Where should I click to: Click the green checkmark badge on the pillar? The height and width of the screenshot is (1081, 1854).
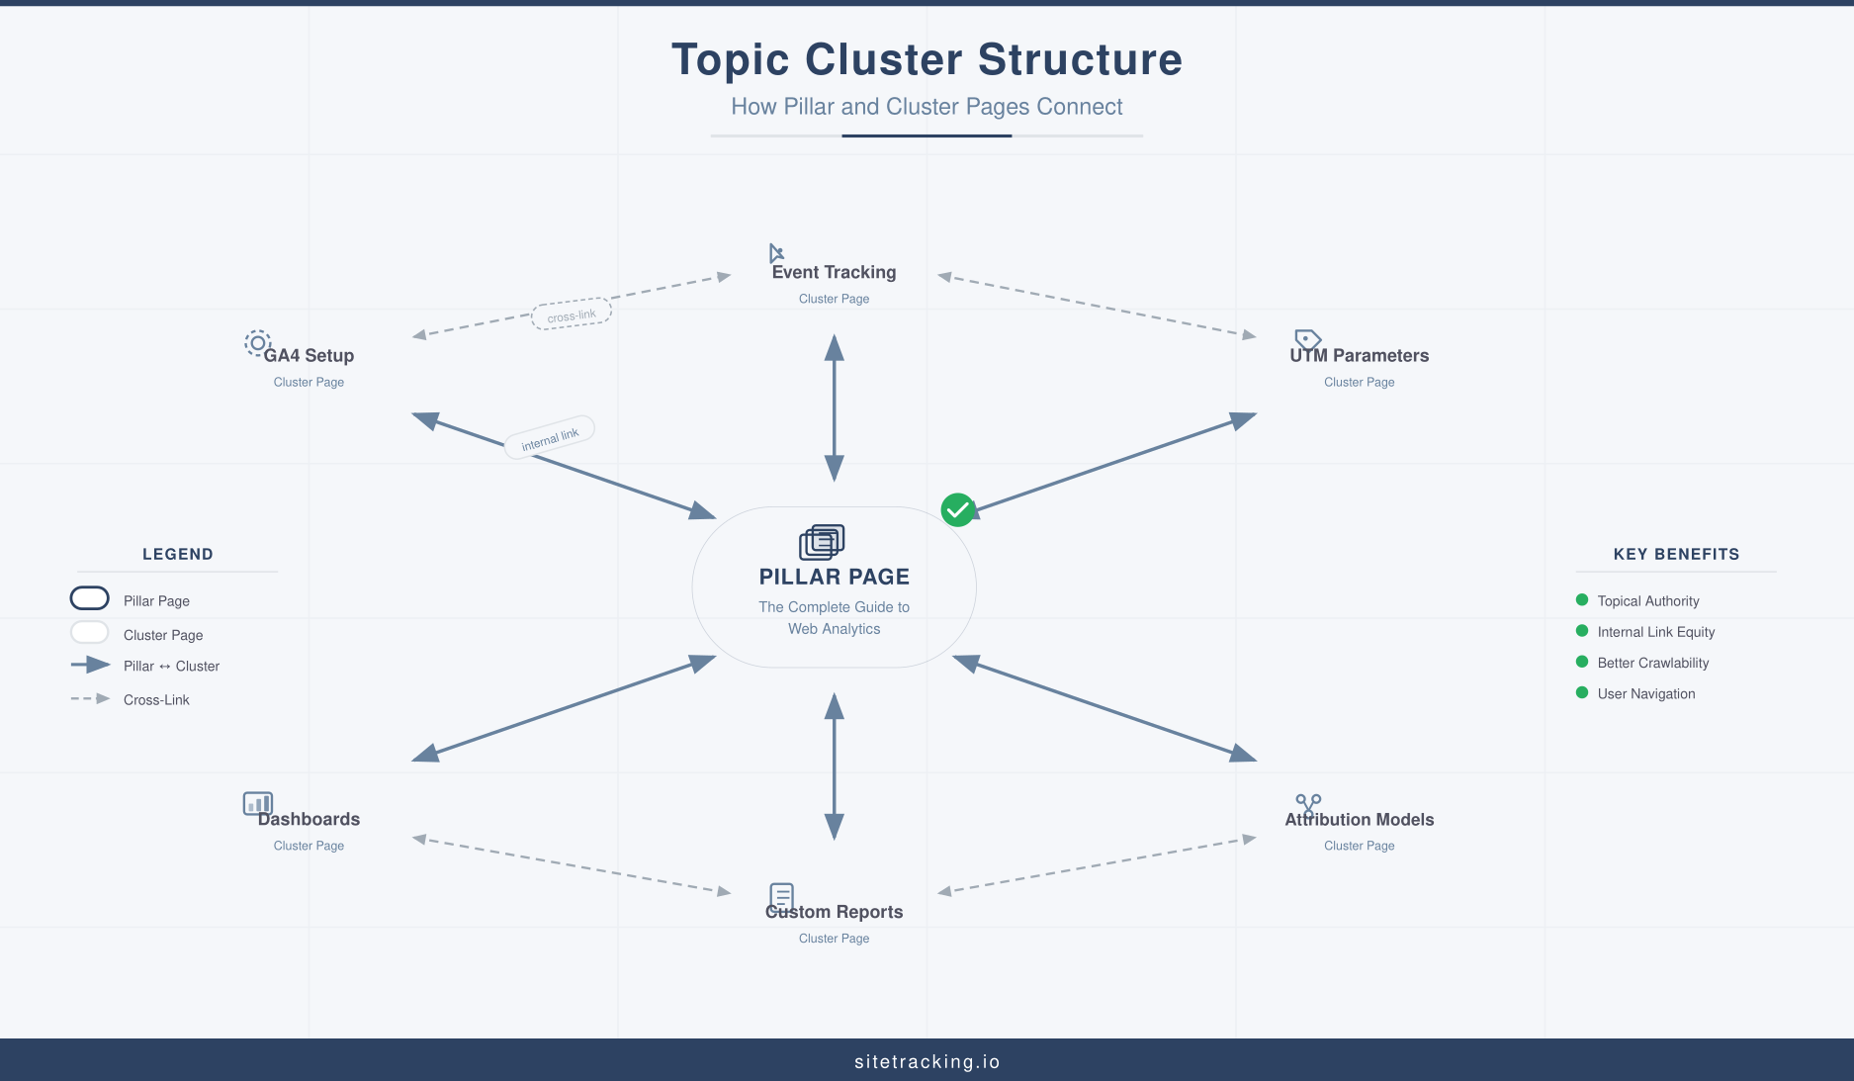pyautogui.click(x=957, y=509)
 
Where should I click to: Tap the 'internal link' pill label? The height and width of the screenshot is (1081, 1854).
pyautogui.click(x=550, y=436)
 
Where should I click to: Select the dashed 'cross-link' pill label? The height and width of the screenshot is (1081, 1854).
pyautogui.click(x=572, y=315)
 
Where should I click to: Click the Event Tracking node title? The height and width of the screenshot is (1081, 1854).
pyautogui.click(x=834, y=272)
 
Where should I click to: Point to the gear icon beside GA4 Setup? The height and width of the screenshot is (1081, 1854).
pyautogui.click(x=257, y=343)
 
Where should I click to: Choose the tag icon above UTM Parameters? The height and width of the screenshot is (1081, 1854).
pyautogui.click(x=1307, y=340)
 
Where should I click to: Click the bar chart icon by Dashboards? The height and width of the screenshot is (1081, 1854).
pyautogui.click(x=257, y=803)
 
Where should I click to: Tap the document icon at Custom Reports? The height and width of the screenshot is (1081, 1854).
pyautogui.click(x=781, y=896)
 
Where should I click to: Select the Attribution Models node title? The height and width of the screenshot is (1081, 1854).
pyautogui.click(x=1359, y=819)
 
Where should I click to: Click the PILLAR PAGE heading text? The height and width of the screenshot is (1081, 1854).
pyautogui.click(x=834, y=577)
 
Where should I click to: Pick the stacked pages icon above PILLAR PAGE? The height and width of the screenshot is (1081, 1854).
pyautogui.click(x=822, y=542)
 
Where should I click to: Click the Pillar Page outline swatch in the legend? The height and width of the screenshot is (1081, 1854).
pyautogui.click(x=90, y=598)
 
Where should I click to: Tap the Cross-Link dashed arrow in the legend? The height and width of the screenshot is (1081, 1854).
pyautogui.click(x=90, y=698)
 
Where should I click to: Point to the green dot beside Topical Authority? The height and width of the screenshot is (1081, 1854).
pyautogui.click(x=1582, y=599)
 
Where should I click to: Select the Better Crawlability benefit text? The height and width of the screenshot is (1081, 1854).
pyautogui.click(x=1652, y=663)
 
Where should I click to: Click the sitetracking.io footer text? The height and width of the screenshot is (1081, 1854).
pyautogui.click(x=927, y=1061)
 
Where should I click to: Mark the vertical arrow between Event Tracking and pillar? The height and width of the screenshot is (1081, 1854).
pyautogui.click(x=835, y=407)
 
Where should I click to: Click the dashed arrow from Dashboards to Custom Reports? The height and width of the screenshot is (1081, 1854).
pyautogui.click(x=572, y=865)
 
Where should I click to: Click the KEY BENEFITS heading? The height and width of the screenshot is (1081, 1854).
pyautogui.click(x=1676, y=554)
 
